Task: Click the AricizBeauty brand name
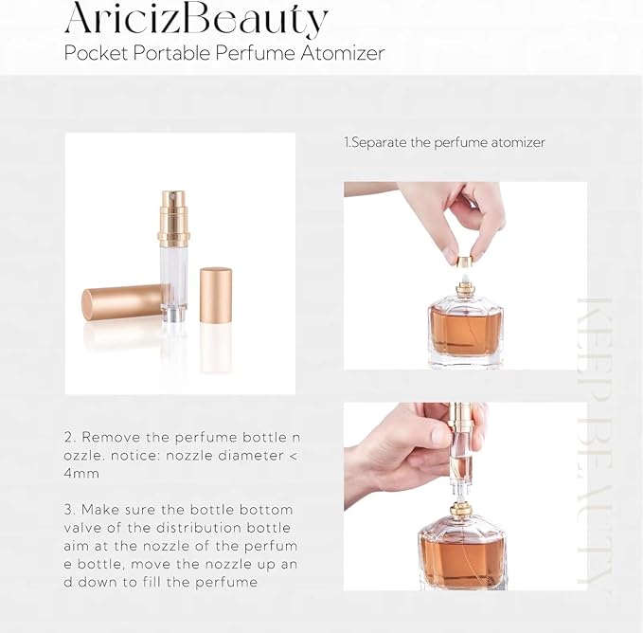pos(196,18)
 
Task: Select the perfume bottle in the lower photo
pos(463,550)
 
